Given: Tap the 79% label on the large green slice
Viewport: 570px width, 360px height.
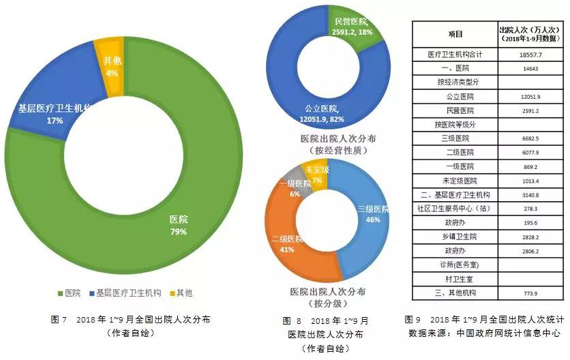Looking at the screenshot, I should tap(179, 232).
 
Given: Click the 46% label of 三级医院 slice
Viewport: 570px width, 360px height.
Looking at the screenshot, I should tap(372, 220).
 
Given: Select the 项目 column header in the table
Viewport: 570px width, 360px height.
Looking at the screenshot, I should tap(455, 34).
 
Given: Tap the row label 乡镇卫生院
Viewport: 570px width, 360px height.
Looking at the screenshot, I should tap(455, 237).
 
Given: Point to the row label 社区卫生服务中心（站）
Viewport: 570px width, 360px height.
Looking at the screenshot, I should tap(455, 209).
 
